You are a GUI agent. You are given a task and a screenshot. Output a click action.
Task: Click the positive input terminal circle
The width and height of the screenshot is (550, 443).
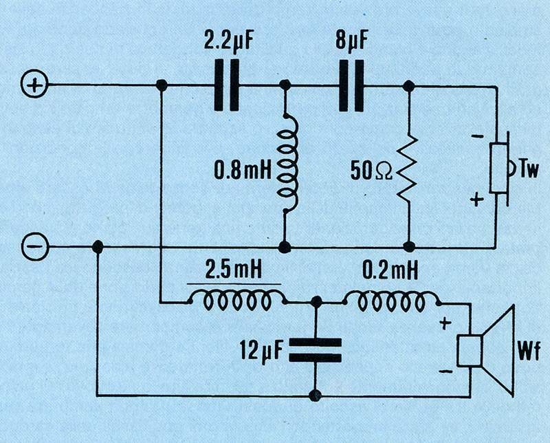[x=34, y=85]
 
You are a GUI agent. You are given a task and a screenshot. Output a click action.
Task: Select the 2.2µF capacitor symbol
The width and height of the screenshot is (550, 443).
[x=226, y=85]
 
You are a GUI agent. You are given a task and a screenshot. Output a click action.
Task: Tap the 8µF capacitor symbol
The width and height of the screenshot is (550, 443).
[x=351, y=85]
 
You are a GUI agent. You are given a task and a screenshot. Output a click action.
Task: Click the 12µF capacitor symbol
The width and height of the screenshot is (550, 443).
[x=316, y=349]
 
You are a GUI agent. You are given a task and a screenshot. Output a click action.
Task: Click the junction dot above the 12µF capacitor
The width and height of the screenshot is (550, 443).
[x=316, y=301]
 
